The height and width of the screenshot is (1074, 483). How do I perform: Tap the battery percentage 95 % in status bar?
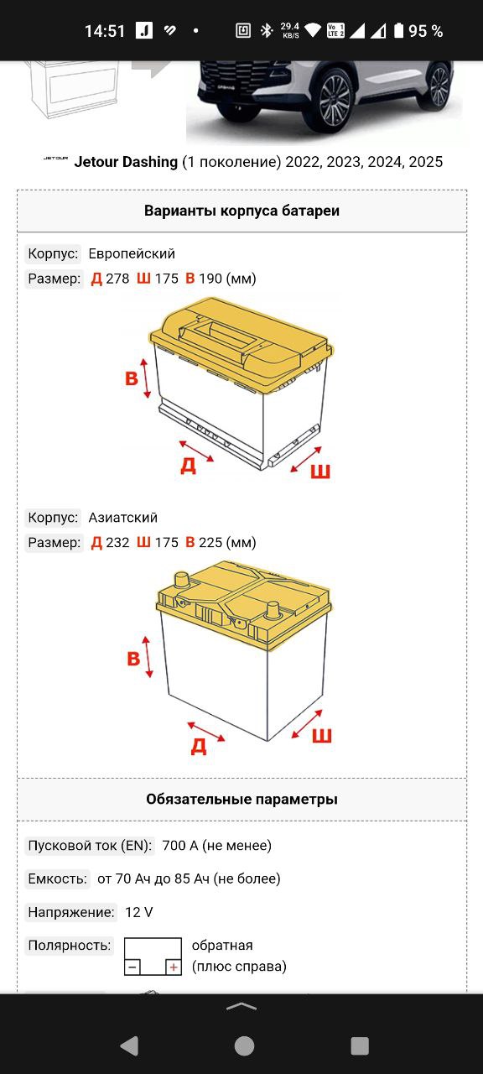(x=425, y=31)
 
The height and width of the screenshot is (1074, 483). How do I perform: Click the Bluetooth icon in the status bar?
(x=267, y=31)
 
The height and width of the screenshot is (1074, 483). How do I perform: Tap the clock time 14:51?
(x=105, y=31)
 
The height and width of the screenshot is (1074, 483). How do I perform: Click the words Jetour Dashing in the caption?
(x=126, y=162)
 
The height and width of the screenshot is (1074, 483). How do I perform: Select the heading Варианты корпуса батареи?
(x=241, y=211)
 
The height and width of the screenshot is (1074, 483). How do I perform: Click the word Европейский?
(x=132, y=253)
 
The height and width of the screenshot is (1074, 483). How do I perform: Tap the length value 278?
(x=117, y=279)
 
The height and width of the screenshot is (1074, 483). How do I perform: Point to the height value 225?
(x=210, y=542)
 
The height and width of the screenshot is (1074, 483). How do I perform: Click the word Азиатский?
(x=123, y=518)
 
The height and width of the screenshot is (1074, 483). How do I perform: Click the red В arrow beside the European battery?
(x=146, y=378)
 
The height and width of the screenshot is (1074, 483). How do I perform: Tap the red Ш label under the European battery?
(x=320, y=472)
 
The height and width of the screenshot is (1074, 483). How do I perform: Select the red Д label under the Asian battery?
(x=199, y=746)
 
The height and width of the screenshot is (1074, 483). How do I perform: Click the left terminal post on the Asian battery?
(x=182, y=580)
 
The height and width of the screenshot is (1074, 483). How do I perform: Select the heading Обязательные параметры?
(x=241, y=800)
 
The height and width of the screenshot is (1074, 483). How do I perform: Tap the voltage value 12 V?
(x=139, y=912)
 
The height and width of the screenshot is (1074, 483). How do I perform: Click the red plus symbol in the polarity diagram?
(x=174, y=967)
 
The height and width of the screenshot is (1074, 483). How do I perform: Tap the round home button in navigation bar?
(x=244, y=1045)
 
